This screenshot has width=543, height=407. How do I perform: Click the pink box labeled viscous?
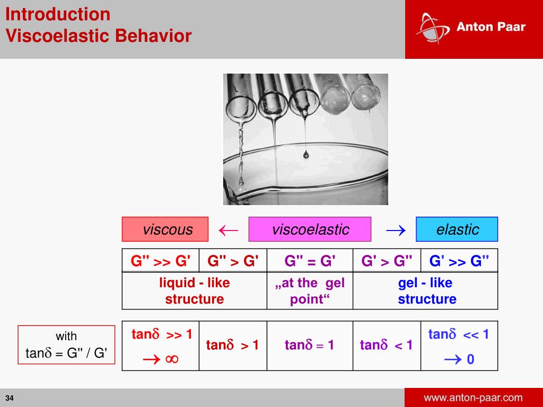pos(165,229)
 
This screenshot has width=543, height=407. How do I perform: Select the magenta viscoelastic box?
pos(310,229)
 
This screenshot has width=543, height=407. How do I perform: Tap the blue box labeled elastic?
pos(457,229)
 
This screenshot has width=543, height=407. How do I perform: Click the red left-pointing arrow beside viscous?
pos(229,229)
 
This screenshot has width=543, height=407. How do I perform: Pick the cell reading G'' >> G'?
pos(161,261)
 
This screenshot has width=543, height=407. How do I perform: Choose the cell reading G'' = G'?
pos(310,261)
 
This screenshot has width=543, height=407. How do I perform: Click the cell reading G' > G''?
pos(387,261)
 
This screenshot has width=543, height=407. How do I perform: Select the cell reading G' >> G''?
pos(459,261)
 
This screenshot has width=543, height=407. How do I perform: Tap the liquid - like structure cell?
pos(194,291)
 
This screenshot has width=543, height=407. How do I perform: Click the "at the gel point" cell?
pos(310,291)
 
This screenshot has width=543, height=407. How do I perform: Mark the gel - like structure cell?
pos(426,291)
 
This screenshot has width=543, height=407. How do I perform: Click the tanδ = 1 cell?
pos(310,346)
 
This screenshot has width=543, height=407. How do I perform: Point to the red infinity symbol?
pos(171,359)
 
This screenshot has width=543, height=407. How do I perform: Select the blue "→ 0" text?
pos(459,360)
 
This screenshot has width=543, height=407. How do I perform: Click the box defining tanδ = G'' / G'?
pos(66,345)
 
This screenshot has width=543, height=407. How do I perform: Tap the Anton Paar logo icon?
pos(428,27)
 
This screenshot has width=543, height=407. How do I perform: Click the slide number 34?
pos(10,398)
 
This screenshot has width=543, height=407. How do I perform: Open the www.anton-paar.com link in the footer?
pos(473,397)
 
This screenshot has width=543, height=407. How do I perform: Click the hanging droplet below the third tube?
pos(306,154)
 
